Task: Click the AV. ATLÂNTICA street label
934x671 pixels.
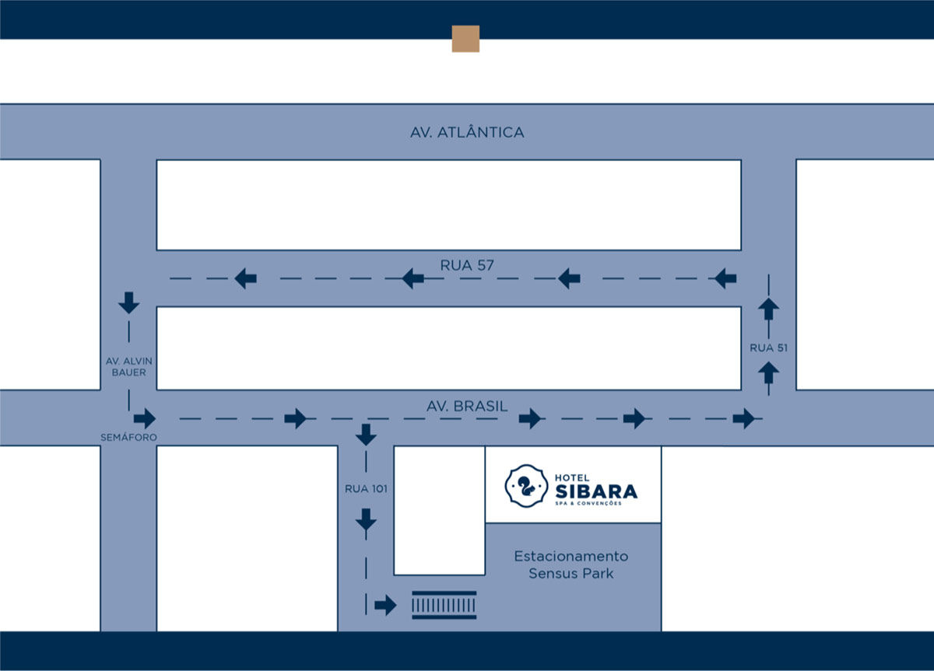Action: [x=467, y=132]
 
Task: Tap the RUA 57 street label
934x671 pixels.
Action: [x=467, y=265]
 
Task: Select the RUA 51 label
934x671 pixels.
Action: [x=768, y=348]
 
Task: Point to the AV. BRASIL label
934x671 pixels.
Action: [x=467, y=406]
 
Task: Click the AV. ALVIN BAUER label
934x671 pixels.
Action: [x=129, y=366]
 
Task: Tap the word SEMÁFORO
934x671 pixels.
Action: [x=129, y=437]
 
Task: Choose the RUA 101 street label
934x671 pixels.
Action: [x=366, y=488]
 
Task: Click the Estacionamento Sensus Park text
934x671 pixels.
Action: [x=571, y=564]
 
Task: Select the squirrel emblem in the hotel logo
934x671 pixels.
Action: [x=526, y=486]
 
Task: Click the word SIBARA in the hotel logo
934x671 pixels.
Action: [x=596, y=491]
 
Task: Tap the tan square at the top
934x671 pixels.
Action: [x=465, y=39]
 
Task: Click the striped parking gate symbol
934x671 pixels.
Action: [x=444, y=605]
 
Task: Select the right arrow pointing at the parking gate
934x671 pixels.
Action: [x=385, y=605]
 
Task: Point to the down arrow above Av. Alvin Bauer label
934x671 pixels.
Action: [x=129, y=302]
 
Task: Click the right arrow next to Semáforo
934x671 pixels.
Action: [x=145, y=418]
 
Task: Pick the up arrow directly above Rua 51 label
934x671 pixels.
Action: [x=768, y=309]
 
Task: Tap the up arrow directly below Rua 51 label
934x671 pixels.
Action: [x=768, y=372]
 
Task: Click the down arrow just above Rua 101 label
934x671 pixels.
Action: [x=366, y=435]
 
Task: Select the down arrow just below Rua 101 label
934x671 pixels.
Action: [x=366, y=519]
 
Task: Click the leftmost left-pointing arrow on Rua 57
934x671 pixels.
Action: [x=246, y=278]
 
